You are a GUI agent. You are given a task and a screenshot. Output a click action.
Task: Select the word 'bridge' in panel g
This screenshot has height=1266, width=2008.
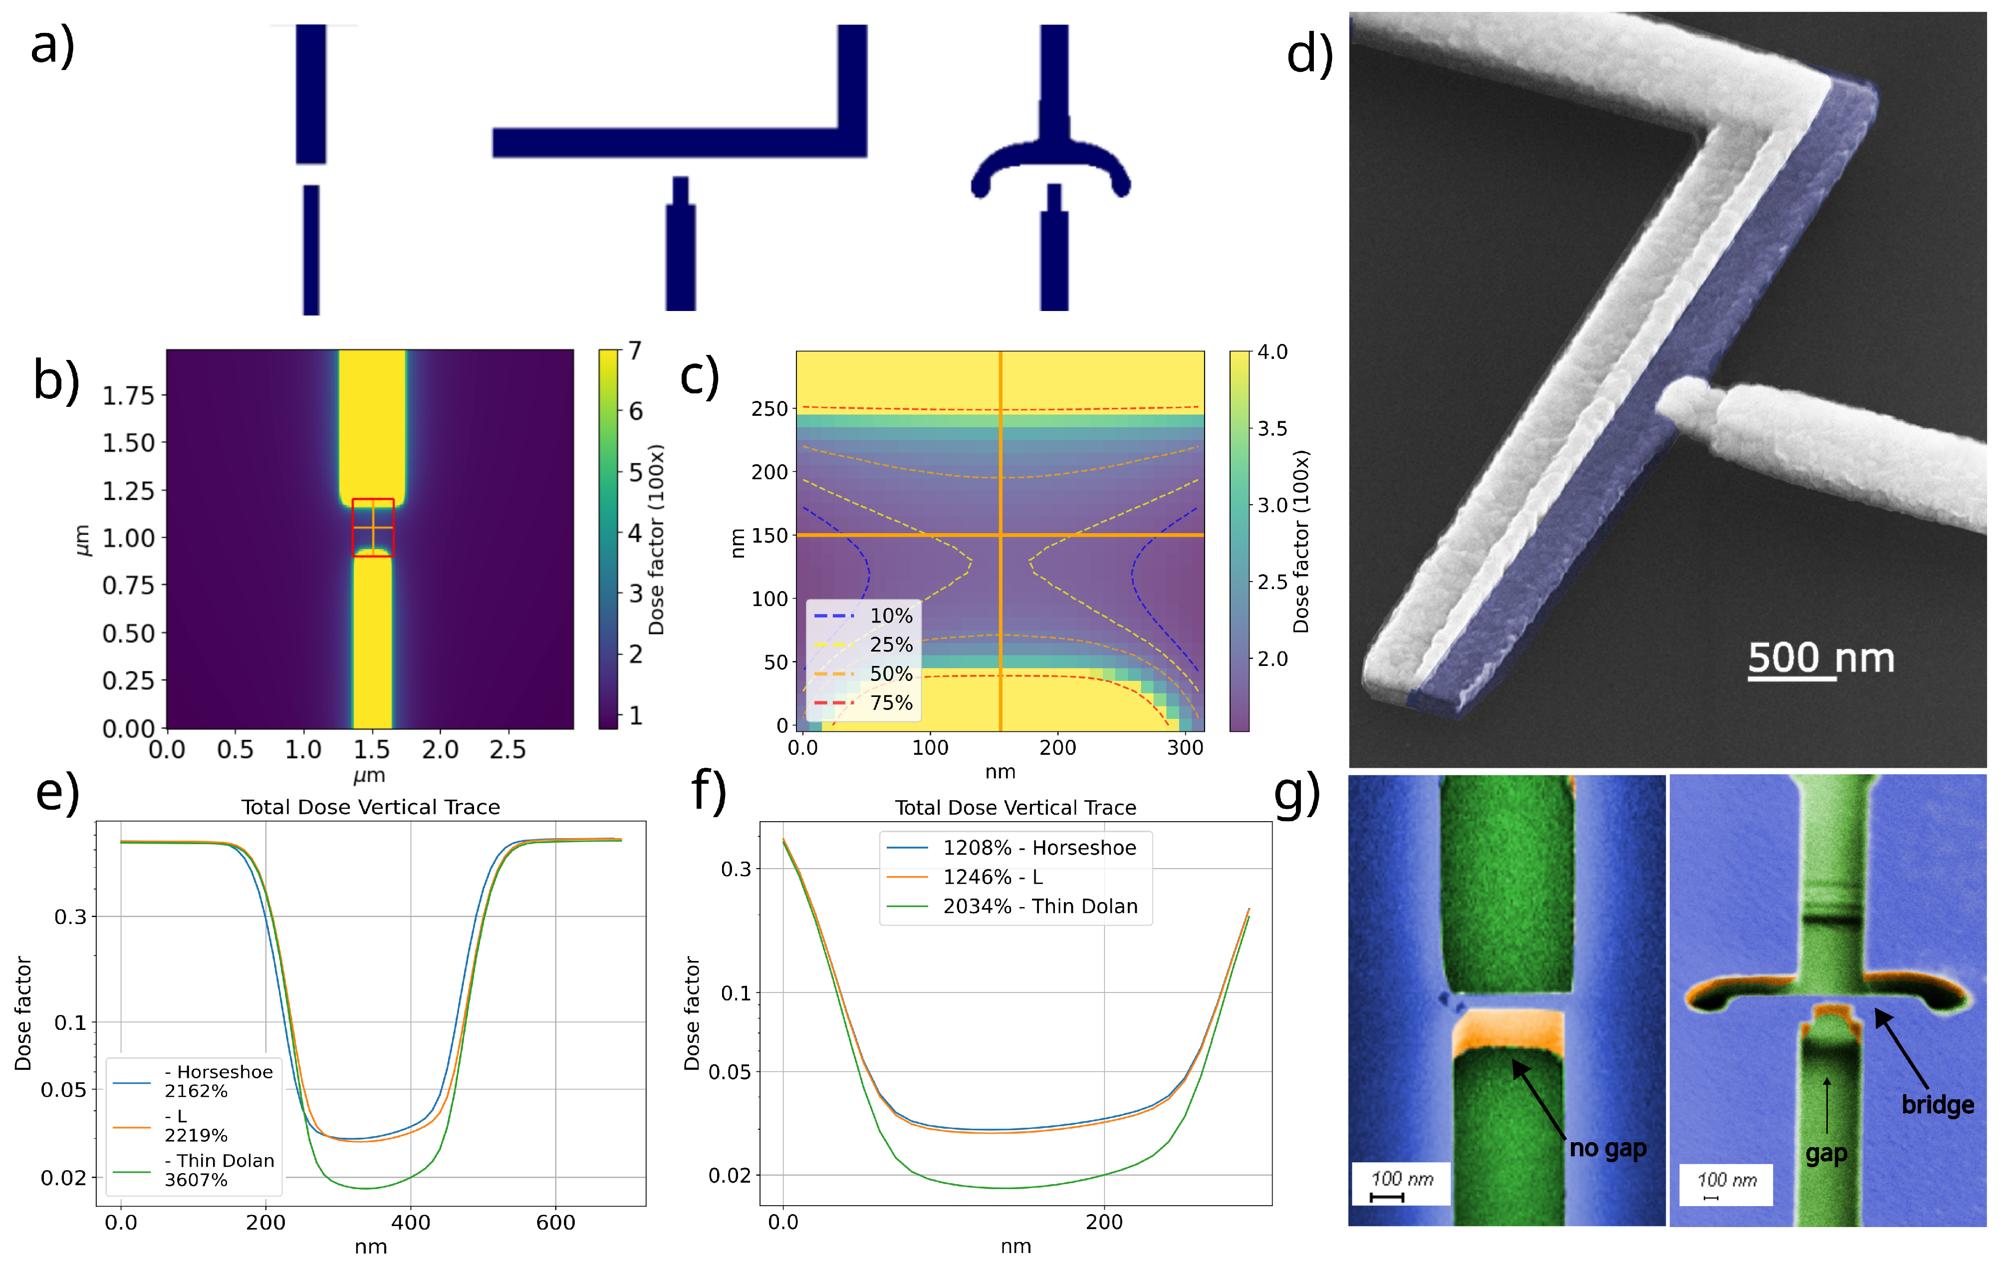pos(1937,1105)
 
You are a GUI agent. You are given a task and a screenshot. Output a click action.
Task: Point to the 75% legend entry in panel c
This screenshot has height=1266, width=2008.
pos(891,703)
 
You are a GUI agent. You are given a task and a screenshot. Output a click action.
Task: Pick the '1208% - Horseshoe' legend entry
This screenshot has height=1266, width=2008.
pos(1039,848)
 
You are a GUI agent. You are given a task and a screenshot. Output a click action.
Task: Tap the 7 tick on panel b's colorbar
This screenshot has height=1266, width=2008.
pos(635,350)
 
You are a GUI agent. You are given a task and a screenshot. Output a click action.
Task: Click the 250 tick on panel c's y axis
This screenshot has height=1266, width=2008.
pos(769,409)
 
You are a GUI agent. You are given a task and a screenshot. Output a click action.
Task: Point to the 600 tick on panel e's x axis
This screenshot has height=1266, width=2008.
pos(555,1223)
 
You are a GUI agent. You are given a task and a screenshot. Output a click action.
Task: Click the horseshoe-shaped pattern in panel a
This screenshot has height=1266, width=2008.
pos(1051,167)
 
